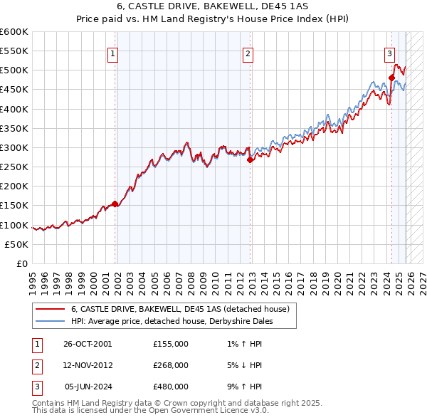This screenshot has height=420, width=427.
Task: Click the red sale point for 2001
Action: coord(115,204)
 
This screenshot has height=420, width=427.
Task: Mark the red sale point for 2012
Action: coord(250,160)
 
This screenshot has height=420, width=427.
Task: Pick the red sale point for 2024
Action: coord(391,78)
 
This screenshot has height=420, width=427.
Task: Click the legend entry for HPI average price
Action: coord(172,321)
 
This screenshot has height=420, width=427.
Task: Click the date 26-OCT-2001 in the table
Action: coord(88,344)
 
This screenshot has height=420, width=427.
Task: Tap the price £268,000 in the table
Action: coord(171,365)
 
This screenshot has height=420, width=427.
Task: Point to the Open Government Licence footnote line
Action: coord(150,411)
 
